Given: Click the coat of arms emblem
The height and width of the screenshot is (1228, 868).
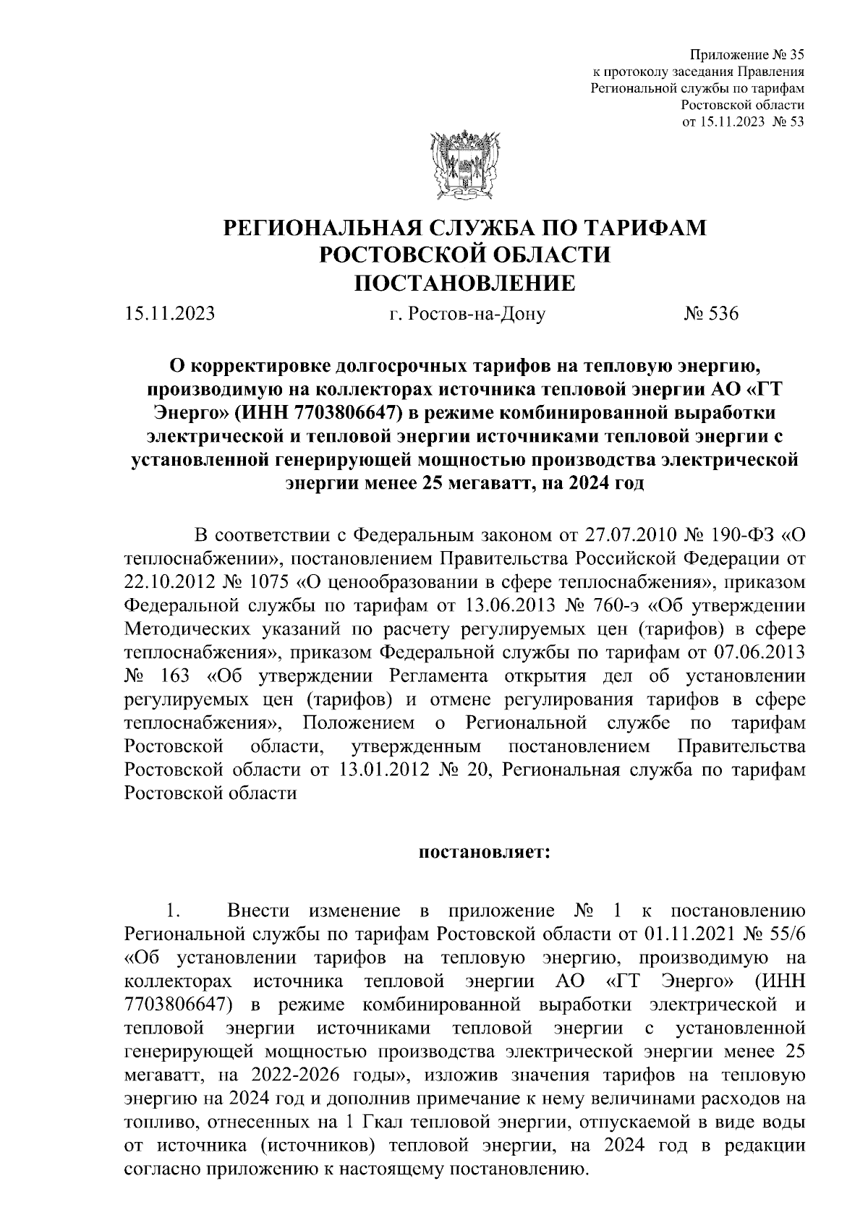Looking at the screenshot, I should tap(464, 166).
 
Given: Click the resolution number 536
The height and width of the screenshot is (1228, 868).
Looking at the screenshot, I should tap(720, 315).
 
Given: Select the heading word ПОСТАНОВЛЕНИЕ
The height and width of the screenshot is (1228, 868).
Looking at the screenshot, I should tap(464, 283).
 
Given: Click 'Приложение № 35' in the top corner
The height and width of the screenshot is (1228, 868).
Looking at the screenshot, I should tap(748, 55).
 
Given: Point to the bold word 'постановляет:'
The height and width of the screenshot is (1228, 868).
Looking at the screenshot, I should tap(485, 851).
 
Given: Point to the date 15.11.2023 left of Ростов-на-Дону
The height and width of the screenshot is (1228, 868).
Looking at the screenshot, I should tap(169, 315).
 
